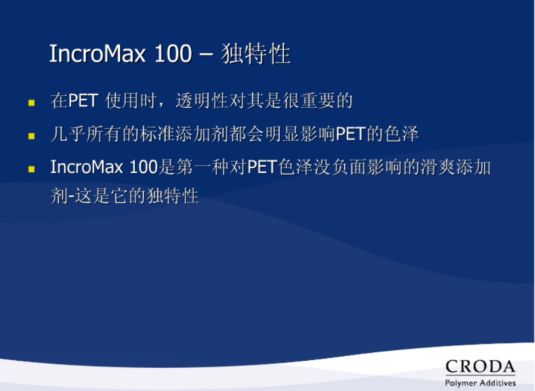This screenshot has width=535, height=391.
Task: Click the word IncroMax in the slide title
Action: (97, 54)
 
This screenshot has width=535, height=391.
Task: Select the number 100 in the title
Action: (173, 54)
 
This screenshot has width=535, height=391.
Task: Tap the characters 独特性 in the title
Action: (256, 54)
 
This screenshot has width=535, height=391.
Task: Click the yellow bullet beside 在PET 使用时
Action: (32, 103)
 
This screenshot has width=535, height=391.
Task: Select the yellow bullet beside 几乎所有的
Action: (32, 136)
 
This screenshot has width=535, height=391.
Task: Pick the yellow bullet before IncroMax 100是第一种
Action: (32, 169)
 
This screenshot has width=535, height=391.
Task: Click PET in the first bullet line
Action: (83, 100)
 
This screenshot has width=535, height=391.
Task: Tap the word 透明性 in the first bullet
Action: (202, 100)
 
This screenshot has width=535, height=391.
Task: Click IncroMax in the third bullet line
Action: (87, 167)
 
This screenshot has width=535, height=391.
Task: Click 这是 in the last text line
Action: (93, 196)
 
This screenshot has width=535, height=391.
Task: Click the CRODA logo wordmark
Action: (480, 367)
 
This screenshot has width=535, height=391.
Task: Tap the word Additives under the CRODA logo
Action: (498, 383)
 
